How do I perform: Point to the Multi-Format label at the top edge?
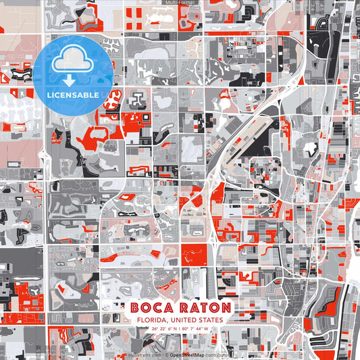[180, 3]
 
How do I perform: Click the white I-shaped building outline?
[138, 99]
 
